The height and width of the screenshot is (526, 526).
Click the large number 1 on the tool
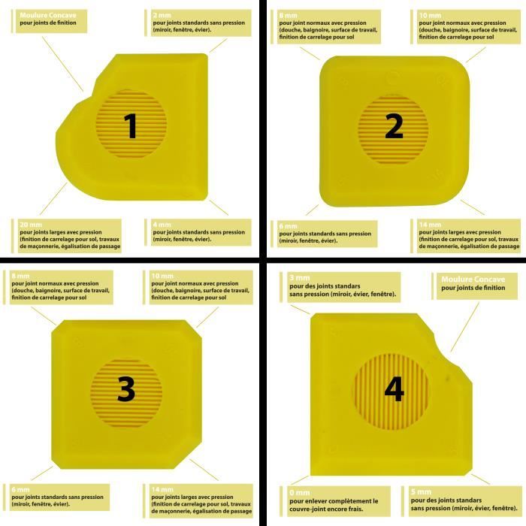click(131, 125)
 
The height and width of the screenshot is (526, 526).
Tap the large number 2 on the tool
click(394, 128)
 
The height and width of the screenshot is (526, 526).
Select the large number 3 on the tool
click(126, 389)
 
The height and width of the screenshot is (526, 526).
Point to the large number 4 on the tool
click(394, 388)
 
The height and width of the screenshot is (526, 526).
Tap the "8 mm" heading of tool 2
click(288, 14)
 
